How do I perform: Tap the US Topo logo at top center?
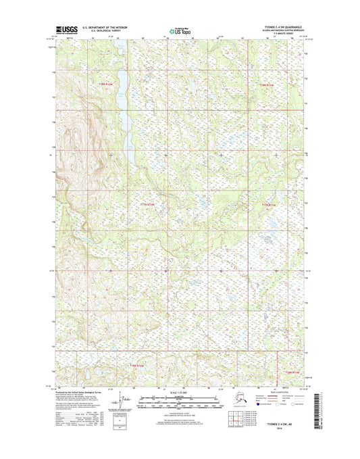pos(180,30)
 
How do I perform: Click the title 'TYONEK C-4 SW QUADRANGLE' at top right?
pos(280,28)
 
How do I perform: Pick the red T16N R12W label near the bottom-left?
pos(137,365)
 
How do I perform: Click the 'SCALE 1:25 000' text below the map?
pos(179,392)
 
